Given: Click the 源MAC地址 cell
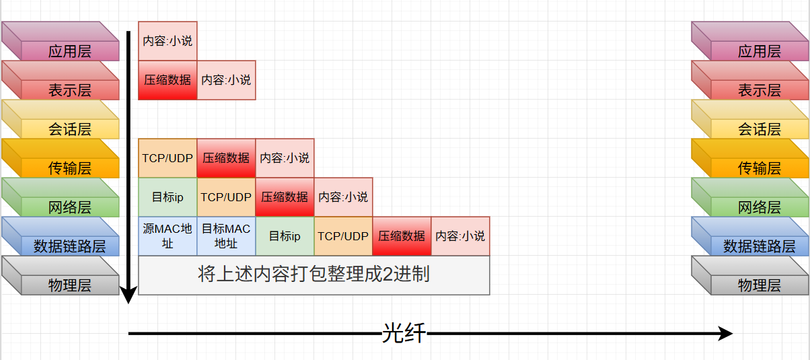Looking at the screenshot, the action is pos(168,236).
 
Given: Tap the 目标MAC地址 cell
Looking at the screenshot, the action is pos(226,236).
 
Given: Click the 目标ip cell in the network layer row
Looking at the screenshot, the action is pos(168,197).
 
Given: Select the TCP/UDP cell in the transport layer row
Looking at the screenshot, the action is pos(168,158).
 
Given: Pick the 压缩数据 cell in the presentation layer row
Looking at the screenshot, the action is pos(168,80).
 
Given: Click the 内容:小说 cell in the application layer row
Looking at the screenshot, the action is pos(168,41).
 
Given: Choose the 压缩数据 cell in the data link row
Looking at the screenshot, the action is pos(402,236).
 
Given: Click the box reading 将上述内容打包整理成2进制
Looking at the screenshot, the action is pos(314,275).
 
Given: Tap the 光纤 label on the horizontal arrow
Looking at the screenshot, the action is pos(404,333).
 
